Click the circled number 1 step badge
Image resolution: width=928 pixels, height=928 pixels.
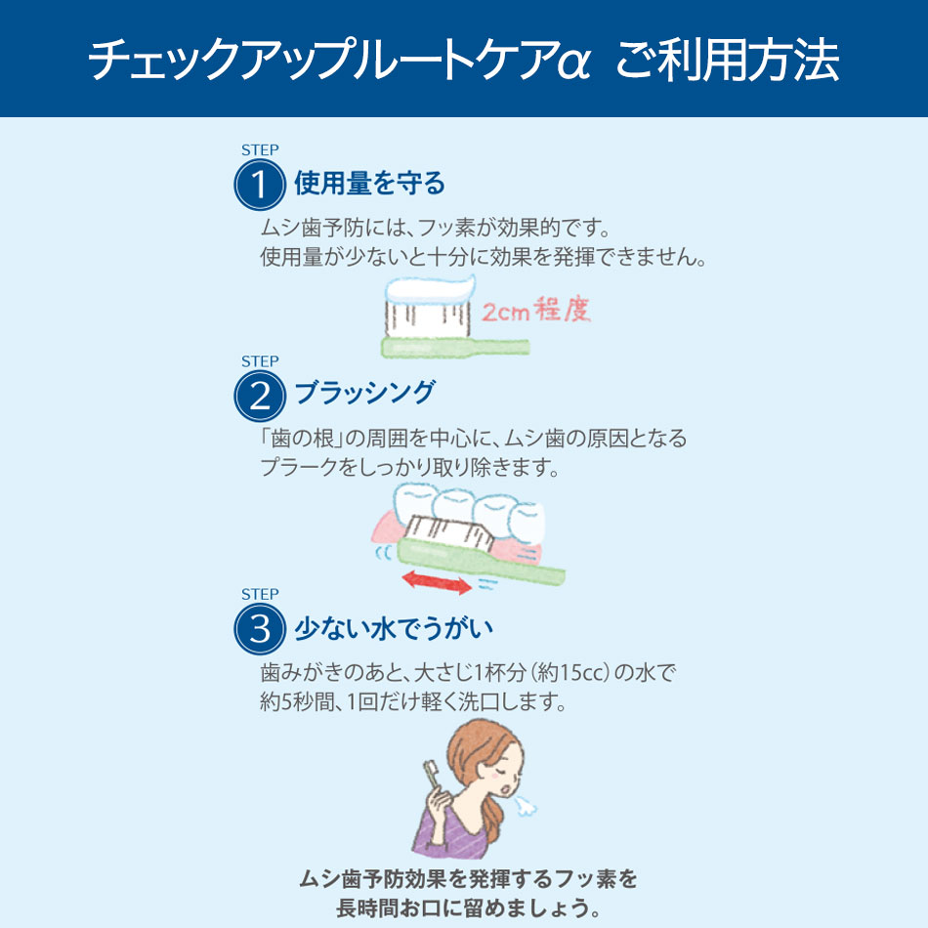[260, 185]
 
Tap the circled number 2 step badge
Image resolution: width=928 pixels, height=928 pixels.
[260, 396]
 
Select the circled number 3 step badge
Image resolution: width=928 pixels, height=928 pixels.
[260, 628]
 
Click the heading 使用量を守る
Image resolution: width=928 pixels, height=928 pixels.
[369, 183]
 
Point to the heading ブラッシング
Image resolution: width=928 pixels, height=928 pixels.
[364, 393]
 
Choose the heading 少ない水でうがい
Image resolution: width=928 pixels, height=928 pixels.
[394, 628]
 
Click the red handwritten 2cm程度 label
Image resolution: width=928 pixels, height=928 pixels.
[536, 310]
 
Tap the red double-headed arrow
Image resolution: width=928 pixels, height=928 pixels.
[437, 582]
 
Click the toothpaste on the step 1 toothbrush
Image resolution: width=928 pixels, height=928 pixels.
[430, 290]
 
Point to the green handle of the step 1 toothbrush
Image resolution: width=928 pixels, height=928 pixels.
[455, 348]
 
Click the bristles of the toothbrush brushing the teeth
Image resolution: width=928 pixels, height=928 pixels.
[449, 533]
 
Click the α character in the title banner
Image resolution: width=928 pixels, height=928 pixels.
[572, 62]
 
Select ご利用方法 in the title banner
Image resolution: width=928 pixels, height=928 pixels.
[728, 60]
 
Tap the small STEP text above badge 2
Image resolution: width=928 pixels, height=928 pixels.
[260, 361]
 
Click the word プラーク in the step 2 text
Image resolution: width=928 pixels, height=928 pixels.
[291, 468]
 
